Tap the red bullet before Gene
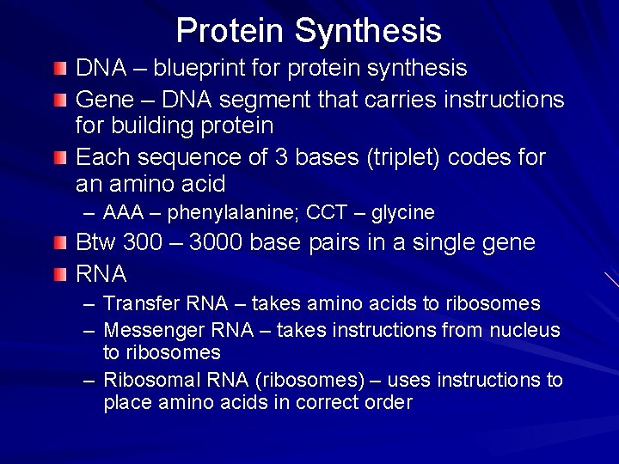tap(58, 101)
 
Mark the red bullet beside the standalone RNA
tap(58, 274)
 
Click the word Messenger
tap(147, 330)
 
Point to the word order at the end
tap(390, 402)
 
